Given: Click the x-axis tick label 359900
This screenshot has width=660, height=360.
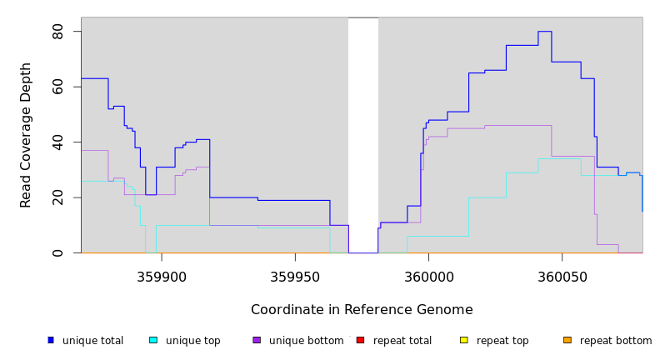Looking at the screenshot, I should point(162,277).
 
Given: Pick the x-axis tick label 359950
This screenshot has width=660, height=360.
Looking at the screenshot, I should point(295,277).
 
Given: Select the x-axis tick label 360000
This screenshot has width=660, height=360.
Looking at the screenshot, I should point(428,277).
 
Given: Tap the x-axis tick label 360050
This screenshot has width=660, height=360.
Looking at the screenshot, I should point(562,277).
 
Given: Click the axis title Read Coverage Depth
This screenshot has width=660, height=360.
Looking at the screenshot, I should point(27,135).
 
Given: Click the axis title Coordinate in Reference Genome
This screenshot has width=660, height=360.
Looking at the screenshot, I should point(362,310).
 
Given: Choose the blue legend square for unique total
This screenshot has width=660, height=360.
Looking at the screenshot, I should point(51,340).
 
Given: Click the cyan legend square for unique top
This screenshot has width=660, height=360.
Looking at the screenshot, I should point(153,340).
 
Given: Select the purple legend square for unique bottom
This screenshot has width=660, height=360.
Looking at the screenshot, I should point(257,340).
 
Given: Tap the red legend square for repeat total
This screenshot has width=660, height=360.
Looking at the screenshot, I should point(360,340).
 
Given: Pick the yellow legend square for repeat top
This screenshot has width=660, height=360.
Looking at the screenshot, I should point(464,340).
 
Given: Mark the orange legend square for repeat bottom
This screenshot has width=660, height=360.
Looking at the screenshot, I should point(567,340).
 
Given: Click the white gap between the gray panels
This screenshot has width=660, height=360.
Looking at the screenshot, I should point(363,133).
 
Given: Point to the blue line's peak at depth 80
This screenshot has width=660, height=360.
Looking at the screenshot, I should point(544,32).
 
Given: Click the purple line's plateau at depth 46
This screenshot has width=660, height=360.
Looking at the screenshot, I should point(517,125).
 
